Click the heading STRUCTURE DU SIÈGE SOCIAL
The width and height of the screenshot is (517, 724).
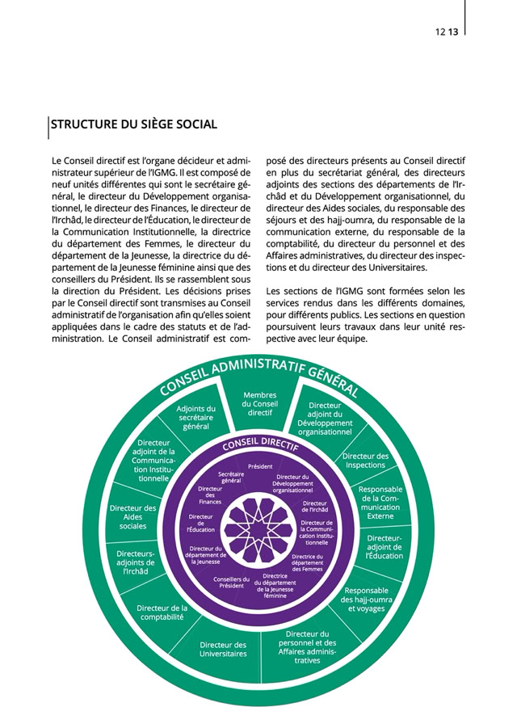pos(134,124)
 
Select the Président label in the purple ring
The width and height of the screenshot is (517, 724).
pos(260,466)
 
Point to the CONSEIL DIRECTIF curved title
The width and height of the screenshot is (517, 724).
pos(260,445)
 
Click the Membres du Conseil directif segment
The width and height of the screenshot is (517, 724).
pos(260,404)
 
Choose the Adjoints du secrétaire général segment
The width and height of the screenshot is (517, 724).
pos(196,417)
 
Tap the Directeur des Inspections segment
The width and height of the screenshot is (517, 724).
pos(365,461)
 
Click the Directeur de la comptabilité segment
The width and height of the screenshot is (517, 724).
pos(161,612)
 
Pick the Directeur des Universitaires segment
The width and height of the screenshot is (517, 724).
pos(223,649)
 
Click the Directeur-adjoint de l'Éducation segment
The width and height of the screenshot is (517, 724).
pos(384,546)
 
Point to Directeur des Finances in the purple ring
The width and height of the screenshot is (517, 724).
pos(210,495)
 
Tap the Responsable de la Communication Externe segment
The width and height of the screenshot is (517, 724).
pos(380,502)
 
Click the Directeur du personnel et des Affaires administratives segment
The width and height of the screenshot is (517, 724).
pos(301,646)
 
